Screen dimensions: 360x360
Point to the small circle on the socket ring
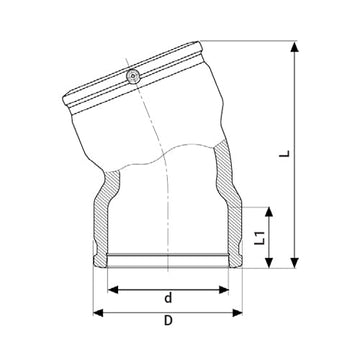[x=133, y=76]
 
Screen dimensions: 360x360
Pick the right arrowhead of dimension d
[x=239, y=289]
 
